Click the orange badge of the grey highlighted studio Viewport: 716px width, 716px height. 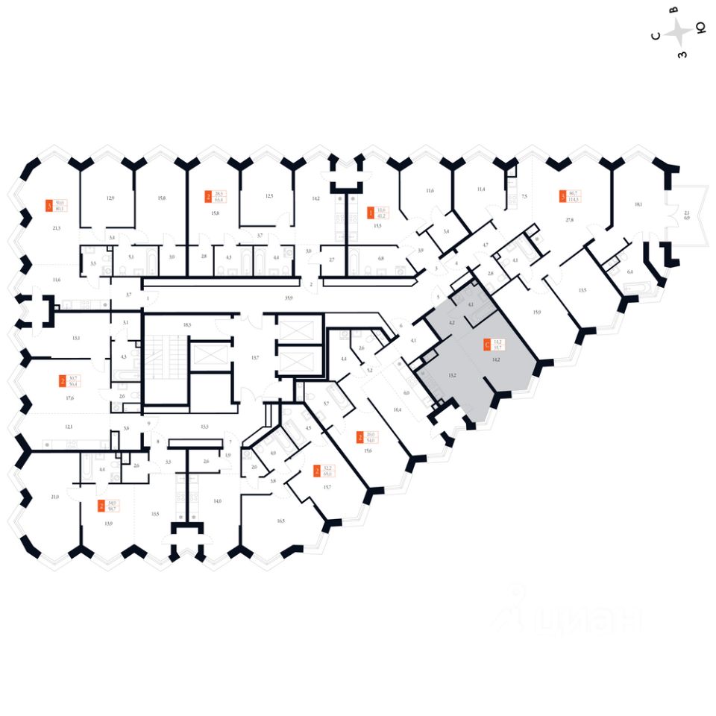487,345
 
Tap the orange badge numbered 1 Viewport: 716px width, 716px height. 370,213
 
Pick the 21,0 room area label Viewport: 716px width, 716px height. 54,497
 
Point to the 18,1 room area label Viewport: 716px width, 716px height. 638,203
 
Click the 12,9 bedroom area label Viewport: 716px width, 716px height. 110,198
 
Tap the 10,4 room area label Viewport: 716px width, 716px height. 397,410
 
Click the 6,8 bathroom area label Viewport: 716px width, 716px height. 381,258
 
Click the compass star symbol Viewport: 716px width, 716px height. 678,32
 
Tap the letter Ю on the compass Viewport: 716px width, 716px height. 700,29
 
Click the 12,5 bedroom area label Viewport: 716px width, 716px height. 269,196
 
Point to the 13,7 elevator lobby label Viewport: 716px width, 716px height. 255,358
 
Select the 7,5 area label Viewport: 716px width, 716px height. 524,196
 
